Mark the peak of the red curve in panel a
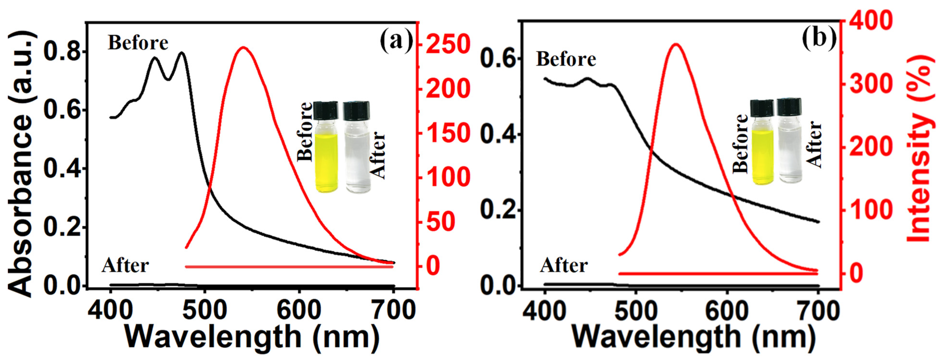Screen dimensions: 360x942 (243, 48)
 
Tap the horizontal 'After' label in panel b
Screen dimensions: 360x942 (564, 265)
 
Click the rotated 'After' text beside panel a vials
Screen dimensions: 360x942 (378, 155)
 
